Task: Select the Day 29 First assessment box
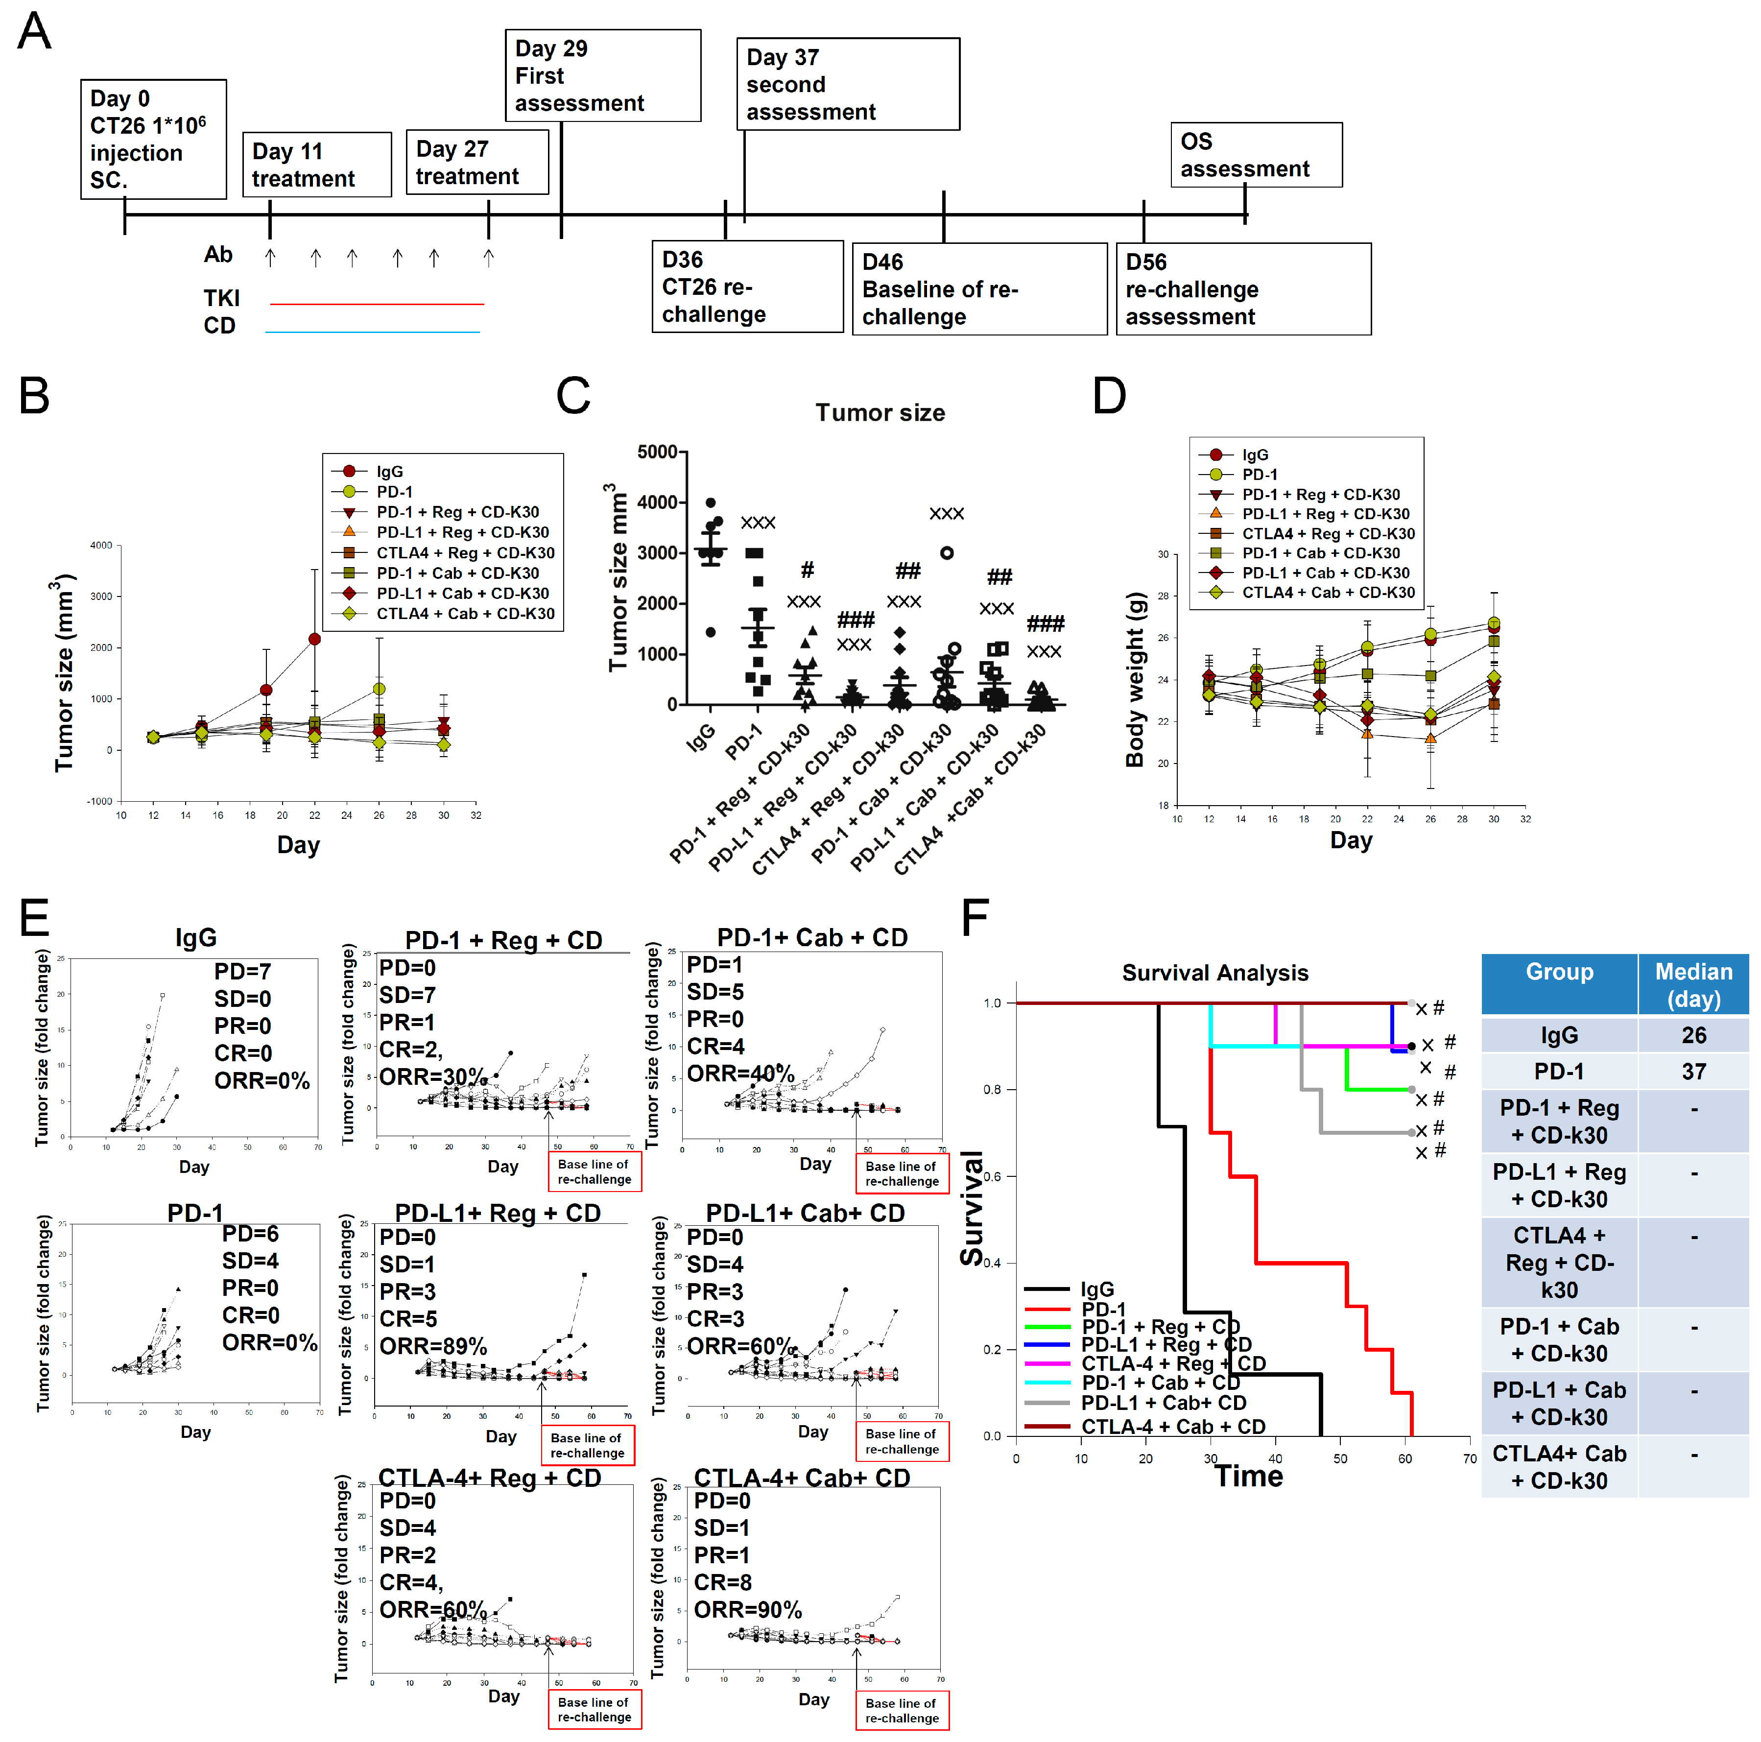tap(602, 75)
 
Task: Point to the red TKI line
tap(377, 304)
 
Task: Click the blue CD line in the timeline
tap(372, 332)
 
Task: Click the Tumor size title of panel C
tap(880, 413)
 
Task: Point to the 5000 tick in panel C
tap(657, 452)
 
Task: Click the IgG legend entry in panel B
tap(389, 471)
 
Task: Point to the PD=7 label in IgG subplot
tap(242, 972)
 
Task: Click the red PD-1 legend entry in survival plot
tap(1103, 1309)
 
